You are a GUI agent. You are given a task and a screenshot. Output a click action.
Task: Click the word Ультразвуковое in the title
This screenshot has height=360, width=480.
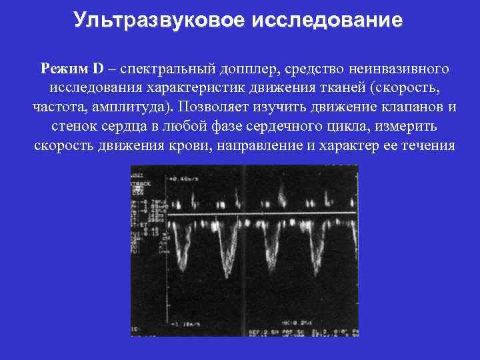click(159, 20)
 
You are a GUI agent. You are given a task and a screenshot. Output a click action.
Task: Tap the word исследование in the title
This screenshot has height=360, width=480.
click(327, 20)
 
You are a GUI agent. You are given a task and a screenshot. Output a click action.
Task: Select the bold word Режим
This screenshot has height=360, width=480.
click(63, 69)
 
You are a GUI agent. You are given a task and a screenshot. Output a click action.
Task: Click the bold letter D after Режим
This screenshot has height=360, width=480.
click(99, 69)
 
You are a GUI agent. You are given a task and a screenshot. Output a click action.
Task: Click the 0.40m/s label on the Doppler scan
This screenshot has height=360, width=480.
click(187, 179)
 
